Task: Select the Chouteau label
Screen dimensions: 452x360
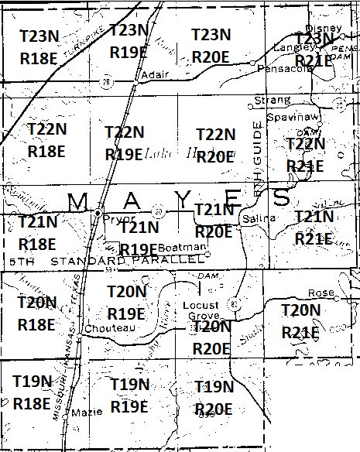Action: coord(111,328)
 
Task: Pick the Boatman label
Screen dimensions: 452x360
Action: coord(188,247)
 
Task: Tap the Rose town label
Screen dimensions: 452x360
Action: coord(316,293)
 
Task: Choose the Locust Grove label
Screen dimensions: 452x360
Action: coord(201,311)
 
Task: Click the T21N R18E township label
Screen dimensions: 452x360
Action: coord(37,232)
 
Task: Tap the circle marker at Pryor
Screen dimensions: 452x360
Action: coord(98,211)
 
